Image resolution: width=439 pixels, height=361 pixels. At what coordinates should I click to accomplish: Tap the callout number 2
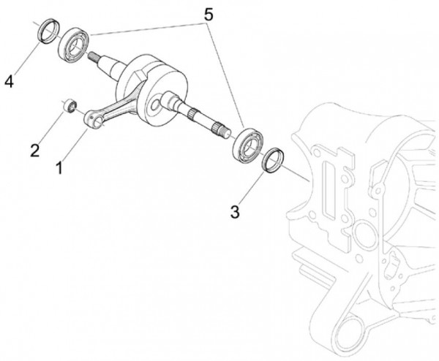tap(34, 151)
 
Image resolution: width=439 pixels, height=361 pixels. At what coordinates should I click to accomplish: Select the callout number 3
tap(234, 212)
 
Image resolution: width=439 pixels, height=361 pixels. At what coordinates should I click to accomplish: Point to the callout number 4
tap(9, 81)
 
